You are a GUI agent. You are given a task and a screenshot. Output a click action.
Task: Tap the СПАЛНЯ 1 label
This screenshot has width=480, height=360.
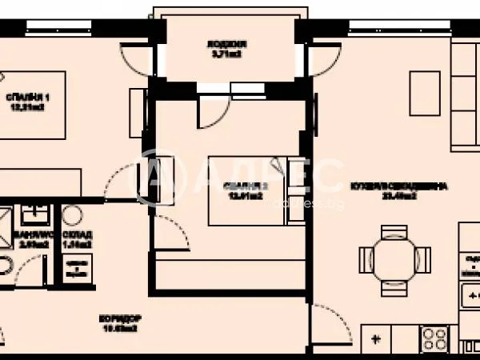pyautogui.click(x=23, y=98)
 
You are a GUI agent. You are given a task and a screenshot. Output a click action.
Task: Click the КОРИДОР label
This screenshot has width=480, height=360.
pyautogui.click(x=117, y=318)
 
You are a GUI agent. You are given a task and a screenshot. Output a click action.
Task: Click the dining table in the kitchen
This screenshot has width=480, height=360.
pyautogui.click(x=394, y=258)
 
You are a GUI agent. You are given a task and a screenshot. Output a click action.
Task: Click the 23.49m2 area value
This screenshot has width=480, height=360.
pyautogui.click(x=398, y=196)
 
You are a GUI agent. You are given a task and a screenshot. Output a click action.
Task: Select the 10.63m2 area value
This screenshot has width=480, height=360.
pyautogui.click(x=117, y=328)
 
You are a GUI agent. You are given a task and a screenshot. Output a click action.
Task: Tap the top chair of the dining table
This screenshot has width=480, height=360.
pyautogui.click(x=394, y=233)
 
